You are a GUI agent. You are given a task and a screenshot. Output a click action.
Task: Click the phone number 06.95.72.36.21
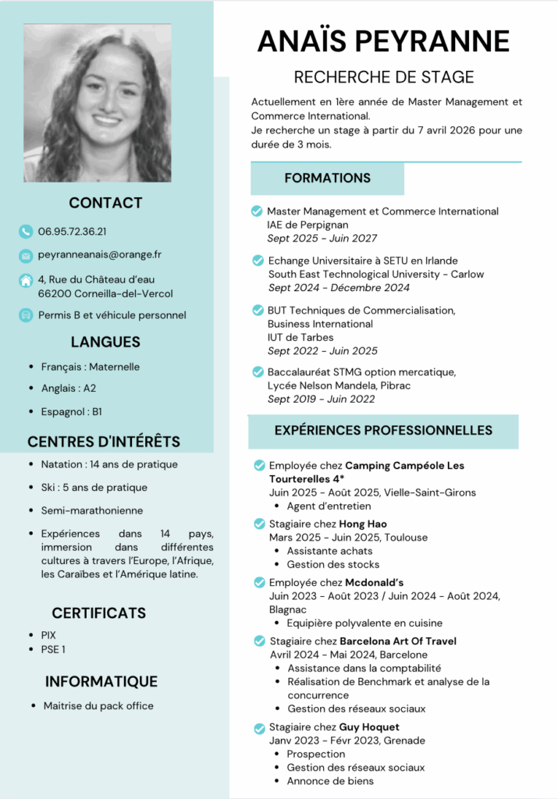pos(73,231)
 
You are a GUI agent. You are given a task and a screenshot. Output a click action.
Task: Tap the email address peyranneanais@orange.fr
pos(100,254)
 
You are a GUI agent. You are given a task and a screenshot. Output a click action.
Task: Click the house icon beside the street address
pos(26,279)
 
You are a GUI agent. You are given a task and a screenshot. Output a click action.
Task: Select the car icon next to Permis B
pos(26,315)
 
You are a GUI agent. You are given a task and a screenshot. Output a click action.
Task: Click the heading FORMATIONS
pos(327,179)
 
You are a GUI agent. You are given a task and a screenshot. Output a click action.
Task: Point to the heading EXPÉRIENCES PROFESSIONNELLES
pos(383,431)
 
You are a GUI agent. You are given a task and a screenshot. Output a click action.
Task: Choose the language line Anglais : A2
pos(69,388)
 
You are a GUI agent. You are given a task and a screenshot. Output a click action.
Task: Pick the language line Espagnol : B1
pos(72,411)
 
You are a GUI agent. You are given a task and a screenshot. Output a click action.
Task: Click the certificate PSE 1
pos(53,649)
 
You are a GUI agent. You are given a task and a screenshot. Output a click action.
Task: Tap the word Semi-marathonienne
pos(92,510)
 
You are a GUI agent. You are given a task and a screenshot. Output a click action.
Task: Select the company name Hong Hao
pos(363,524)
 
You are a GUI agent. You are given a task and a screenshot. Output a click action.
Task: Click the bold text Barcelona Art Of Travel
pos(398,641)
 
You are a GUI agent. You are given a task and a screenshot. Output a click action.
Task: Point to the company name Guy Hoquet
pos(369,727)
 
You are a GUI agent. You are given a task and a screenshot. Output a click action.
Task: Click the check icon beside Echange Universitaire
pos(258,260)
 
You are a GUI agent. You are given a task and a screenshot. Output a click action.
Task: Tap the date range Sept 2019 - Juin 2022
pos(321,399)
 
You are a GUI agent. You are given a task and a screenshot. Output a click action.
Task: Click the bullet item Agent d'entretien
pos(329,506)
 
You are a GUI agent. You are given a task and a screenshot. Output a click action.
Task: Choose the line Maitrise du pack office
pos(98,705)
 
